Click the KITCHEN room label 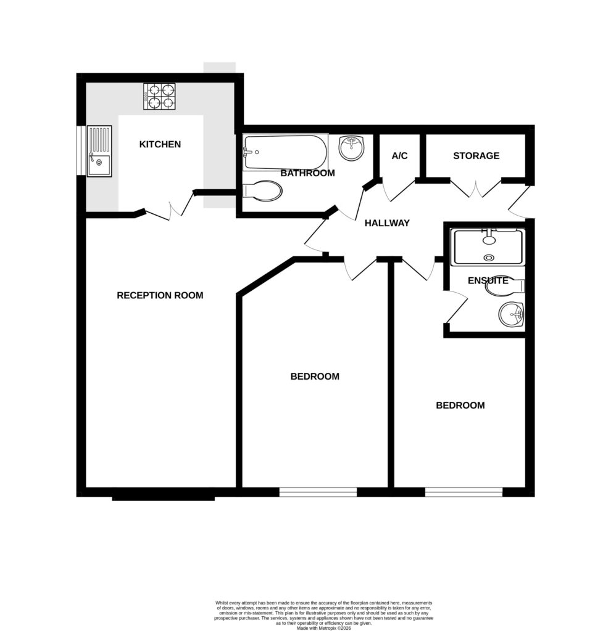pos(160,144)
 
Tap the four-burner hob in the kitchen pos(159,96)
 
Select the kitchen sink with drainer pos(99,152)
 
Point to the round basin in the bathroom pos(352,148)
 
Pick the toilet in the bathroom pos(263,190)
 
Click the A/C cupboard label pos(399,156)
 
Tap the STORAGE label pos(476,156)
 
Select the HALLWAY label pos(387,223)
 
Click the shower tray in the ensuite pos(488,247)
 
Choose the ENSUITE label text pos(488,281)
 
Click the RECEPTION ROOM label pos(160,295)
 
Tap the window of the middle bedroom pos(318,492)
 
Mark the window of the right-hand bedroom pos(463,492)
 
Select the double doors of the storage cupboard pos(475,189)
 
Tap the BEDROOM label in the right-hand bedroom pos(460,405)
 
